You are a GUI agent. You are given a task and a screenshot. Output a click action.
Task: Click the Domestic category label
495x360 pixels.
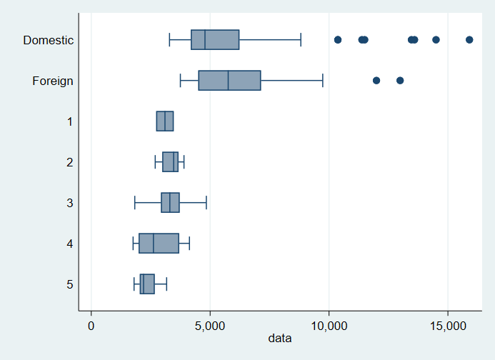pos(48,40)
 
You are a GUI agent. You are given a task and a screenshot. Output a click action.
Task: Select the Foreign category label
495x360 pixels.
pos(53,81)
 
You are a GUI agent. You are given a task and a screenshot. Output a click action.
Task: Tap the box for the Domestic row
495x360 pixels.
pos(215,39)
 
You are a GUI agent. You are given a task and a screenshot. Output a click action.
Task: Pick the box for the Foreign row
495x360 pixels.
pos(229,80)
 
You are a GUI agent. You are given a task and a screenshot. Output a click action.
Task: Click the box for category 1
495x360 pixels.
pos(165,121)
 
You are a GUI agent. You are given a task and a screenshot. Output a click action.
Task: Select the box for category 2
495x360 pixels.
pos(170,162)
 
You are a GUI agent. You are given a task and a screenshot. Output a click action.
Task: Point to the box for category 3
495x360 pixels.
pos(170,203)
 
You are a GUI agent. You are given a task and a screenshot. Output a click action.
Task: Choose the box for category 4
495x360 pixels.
pos(159,244)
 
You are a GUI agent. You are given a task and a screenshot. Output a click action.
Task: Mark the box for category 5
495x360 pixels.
pos(147,284)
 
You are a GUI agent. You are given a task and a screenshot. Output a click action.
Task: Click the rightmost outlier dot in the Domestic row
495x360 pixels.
pos(469,39)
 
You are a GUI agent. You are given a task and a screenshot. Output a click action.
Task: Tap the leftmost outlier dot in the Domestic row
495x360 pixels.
pos(338,39)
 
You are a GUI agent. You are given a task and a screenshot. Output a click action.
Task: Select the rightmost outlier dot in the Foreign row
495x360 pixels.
pos(400,80)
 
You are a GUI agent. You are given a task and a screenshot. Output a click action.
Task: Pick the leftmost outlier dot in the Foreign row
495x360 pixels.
pos(376,80)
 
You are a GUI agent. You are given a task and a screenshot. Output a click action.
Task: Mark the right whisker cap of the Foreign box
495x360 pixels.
pos(323,80)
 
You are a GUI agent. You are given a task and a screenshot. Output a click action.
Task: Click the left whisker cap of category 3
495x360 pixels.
pos(134,203)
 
